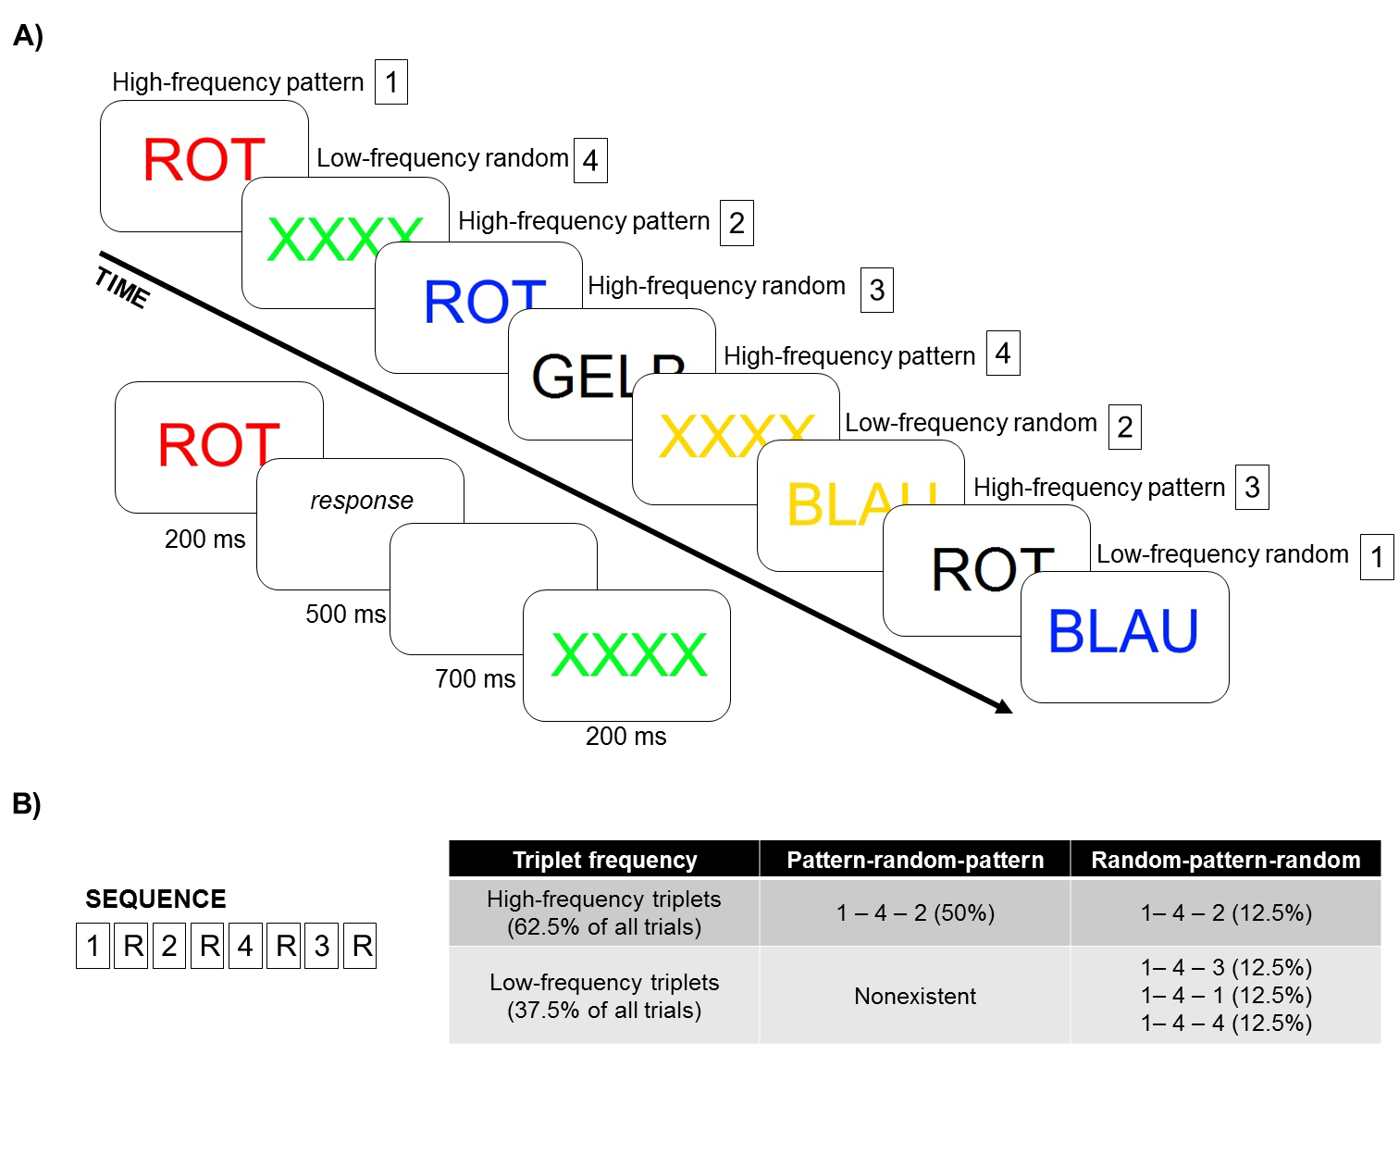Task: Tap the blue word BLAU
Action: click(1123, 632)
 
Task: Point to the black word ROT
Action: click(990, 570)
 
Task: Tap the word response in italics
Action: click(361, 501)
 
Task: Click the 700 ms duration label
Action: click(475, 679)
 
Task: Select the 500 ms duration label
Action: click(345, 614)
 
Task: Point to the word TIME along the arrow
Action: click(121, 288)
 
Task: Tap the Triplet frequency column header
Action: click(604, 860)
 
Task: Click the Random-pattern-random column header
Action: click(1225, 860)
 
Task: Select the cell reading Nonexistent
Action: click(914, 996)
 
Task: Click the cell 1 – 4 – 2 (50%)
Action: click(914, 913)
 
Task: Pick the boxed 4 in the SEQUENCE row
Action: click(245, 946)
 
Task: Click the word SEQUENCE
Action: click(155, 899)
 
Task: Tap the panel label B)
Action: click(27, 803)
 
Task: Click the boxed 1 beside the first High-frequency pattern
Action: click(391, 82)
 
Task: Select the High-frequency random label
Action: click(716, 286)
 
